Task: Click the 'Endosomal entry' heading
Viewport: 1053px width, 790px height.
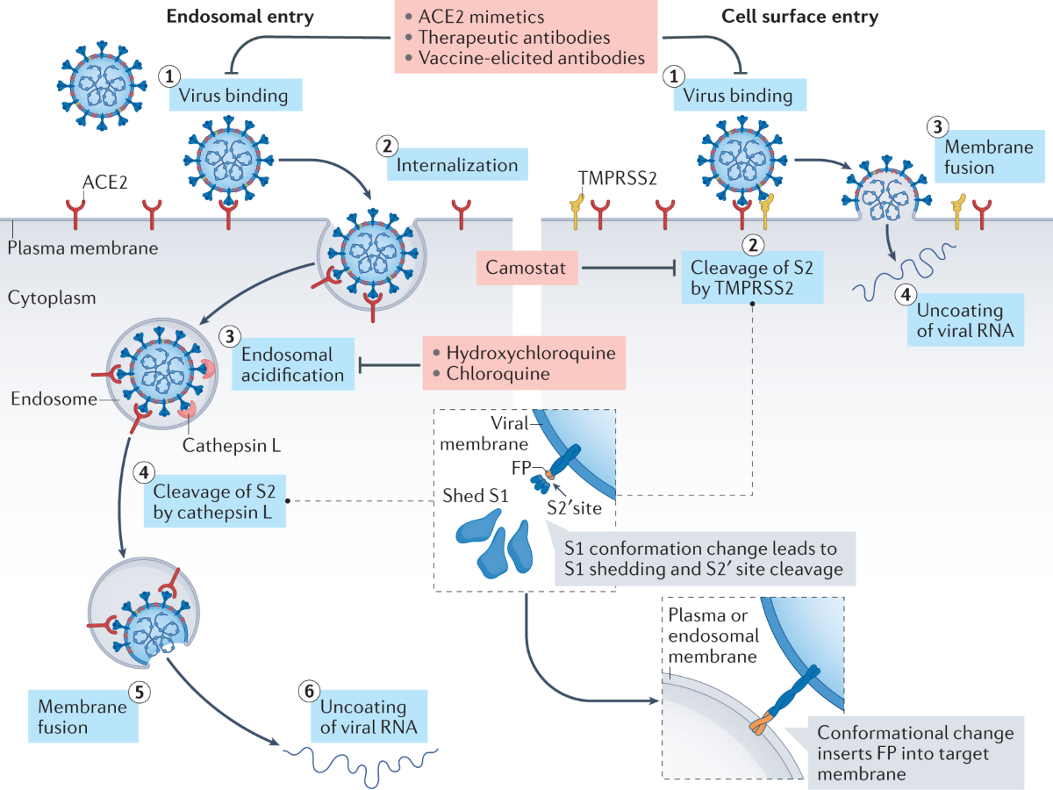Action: pos(240,17)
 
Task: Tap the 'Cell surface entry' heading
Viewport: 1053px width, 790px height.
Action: pos(799,17)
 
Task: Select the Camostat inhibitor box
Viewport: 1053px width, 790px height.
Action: pos(526,268)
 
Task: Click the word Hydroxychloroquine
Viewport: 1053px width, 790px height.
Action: pos(531,353)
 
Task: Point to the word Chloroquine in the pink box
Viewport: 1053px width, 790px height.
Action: pos(498,374)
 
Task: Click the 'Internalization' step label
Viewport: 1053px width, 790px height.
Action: pos(457,164)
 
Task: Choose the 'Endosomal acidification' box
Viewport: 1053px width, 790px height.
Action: pos(293,364)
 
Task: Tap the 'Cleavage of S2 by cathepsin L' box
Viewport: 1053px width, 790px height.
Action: pos(215,501)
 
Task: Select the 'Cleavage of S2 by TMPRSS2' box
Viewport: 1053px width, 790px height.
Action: pos(752,277)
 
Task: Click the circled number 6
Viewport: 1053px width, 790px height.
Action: pos(309,691)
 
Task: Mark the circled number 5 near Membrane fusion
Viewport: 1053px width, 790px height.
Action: pos(140,693)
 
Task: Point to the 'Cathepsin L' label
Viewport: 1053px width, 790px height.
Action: pos(232,446)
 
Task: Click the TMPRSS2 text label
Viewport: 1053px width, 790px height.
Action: pos(617,178)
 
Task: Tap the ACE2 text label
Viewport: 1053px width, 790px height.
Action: pos(105,183)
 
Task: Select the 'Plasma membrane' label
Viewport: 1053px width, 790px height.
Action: pos(82,248)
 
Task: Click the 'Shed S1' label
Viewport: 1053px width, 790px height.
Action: pos(475,495)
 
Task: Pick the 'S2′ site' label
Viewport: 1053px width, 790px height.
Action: pos(574,508)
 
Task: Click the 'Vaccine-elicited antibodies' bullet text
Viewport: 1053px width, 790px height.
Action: pos(532,58)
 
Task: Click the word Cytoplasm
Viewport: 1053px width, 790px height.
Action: pos(52,298)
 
